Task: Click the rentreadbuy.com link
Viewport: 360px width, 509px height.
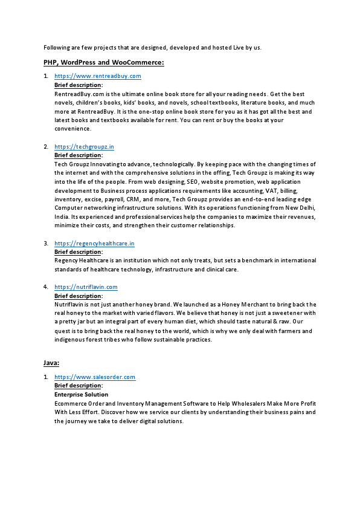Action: (x=98, y=76)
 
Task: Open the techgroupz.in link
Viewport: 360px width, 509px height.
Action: (x=84, y=147)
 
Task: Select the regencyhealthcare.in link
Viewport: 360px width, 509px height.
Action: (x=94, y=244)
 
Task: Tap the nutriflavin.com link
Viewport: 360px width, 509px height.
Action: (x=86, y=287)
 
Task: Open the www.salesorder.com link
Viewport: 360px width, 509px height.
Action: (x=95, y=377)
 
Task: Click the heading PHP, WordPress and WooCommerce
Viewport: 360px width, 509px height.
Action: (x=104, y=62)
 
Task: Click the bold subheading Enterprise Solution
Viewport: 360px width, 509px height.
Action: (x=82, y=395)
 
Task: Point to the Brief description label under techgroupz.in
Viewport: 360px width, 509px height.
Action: (x=78, y=155)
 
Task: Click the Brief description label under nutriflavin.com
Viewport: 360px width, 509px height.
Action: (x=78, y=296)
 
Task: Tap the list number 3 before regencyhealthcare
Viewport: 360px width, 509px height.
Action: (x=45, y=244)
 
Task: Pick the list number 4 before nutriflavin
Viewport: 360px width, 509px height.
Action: (x=45, y=287)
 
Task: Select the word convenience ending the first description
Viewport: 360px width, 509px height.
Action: (x=72, y=129)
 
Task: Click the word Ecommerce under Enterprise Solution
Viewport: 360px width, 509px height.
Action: (x=71, y=403)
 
